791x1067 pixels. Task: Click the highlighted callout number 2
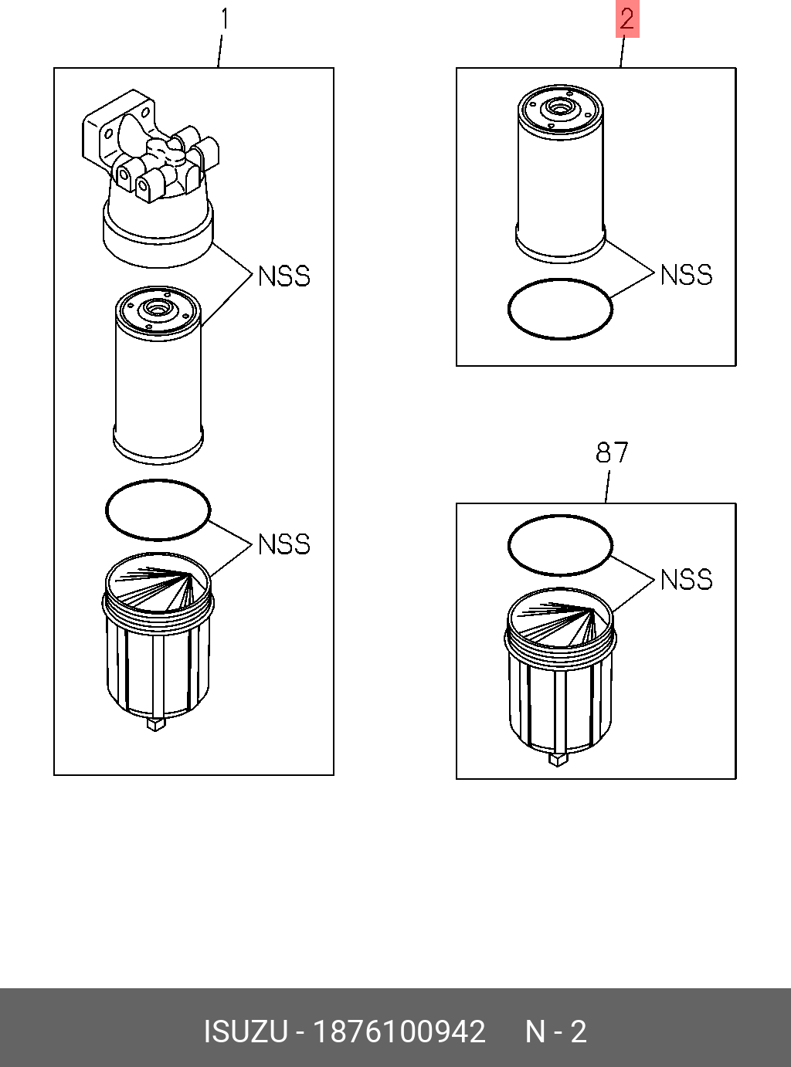626,19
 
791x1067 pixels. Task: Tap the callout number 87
612,452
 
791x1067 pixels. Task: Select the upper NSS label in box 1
283,276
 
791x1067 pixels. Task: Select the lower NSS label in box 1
283,544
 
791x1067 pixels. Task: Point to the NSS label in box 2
686,275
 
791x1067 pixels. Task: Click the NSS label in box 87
686,580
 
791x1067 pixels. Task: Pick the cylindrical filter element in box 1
158,378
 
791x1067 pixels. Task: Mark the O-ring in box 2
560,281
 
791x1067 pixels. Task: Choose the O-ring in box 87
560,517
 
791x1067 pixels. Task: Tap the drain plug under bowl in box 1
155,723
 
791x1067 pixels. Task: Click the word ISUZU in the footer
245,1032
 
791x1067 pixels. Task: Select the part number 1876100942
399,1032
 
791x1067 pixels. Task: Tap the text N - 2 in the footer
556,1032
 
